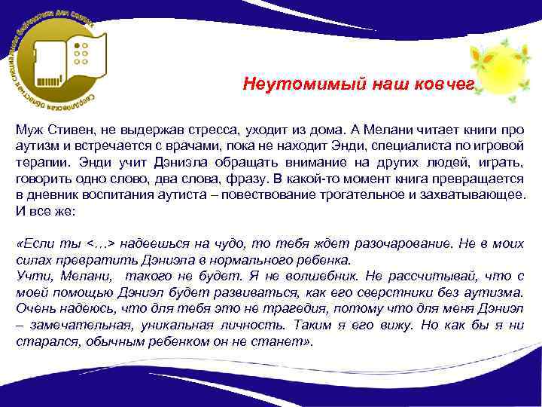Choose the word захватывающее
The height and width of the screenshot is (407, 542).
472,196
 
